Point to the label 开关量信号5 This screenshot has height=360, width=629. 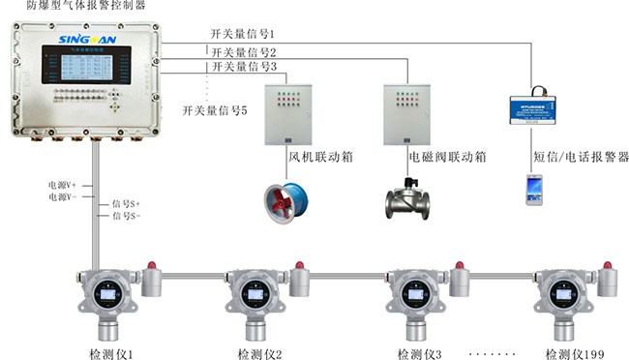tap(215, 110)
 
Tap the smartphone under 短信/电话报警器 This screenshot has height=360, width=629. tap(534, 189)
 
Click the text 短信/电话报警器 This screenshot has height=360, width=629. tap(581, 156)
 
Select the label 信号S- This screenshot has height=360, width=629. tap(127, 216)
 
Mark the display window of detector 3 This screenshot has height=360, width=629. tap(413, 291)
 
